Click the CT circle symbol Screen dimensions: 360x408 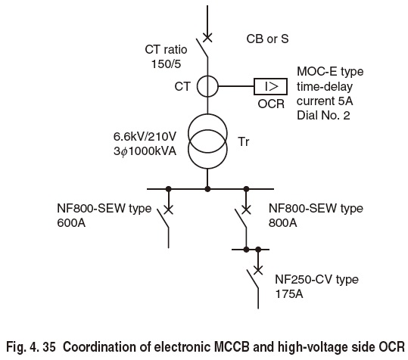tap(207, 87)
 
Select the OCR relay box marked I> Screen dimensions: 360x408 tap(269, 87)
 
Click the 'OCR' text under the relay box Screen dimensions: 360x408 tap(269, 104)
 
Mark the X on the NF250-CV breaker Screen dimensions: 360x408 tap(259, 268)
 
